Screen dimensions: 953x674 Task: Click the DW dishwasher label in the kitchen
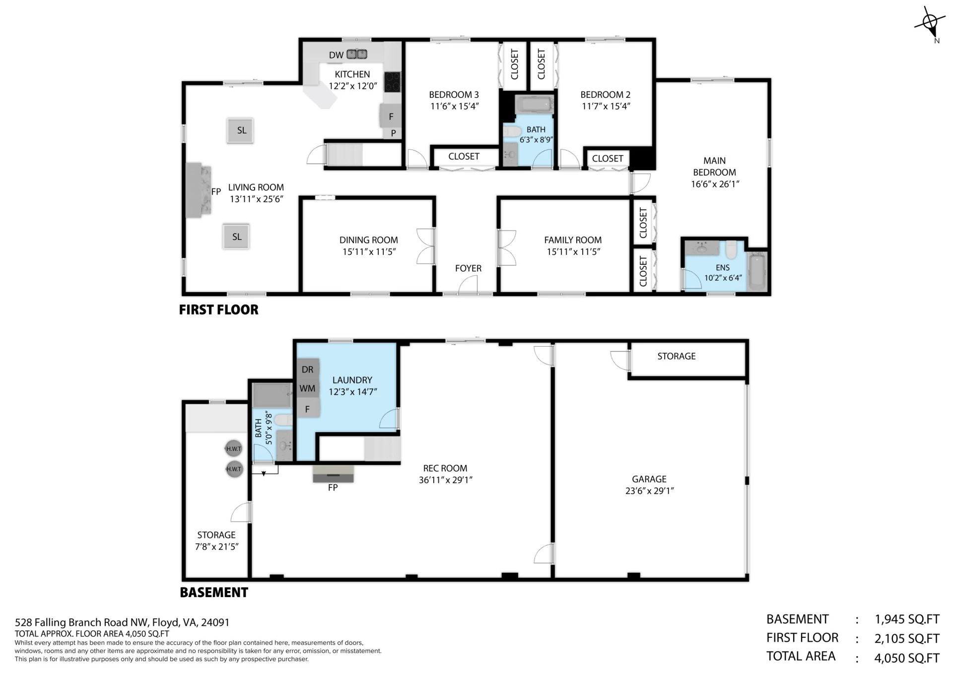coord(336,55)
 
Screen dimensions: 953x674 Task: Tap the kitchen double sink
coord(356,54)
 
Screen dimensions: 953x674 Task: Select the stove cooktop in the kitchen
coord(392,82)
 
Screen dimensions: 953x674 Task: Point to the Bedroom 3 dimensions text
coord(454,106)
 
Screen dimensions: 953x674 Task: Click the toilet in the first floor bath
coord(512,132)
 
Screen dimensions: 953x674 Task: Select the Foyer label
coord(468,268)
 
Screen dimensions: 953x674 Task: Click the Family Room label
coord(573,240)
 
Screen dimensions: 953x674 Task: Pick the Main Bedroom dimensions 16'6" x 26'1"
coord(715,184)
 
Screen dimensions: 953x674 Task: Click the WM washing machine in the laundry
coord(307,388)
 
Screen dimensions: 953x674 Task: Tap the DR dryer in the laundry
coord(307,370)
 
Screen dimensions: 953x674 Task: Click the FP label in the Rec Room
coord(333,488)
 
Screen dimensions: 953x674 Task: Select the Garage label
coord(649,479)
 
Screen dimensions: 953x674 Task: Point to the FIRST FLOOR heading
coord(219,310)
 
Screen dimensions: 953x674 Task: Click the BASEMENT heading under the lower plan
coord(214,593)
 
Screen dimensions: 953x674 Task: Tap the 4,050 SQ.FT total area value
coord(907,658)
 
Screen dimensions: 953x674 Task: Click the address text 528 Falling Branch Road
coord(82,622)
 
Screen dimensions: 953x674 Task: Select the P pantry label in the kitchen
coord(393,133)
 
